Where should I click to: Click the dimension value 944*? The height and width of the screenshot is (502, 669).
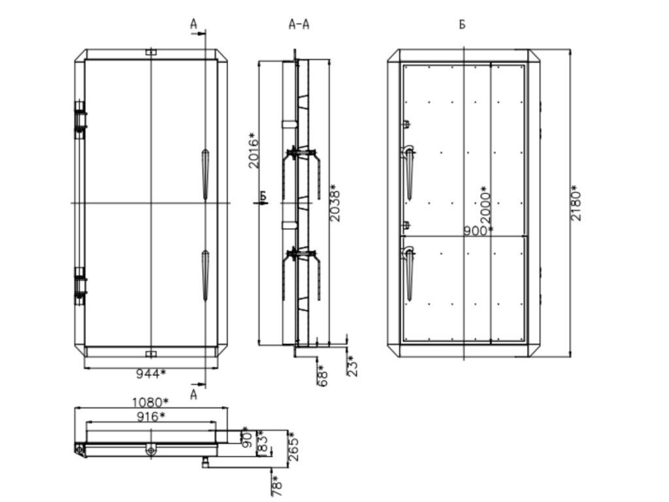pyautogui.click(x=150, y=374)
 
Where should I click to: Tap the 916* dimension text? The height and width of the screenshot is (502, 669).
pyautogui.click(x=150, y=416)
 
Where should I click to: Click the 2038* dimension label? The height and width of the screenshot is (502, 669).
pyautogui.click(x=335, y=203)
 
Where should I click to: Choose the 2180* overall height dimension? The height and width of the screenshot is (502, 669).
pyautogui.click(x=576, y=203)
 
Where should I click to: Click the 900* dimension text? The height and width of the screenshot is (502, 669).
pyautogui.click(x=478, y=231)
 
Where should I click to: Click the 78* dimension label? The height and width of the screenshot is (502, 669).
pyautogui.click(x=277, y=484)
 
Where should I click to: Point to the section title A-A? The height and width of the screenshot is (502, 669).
pyautogui.click(x=299, y=25)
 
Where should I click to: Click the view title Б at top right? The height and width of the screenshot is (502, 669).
pyautogui.click(x=462, y=25)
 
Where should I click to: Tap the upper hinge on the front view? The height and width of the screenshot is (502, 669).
pyautogui.click(x=80, y=120)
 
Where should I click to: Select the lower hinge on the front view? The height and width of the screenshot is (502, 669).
pyautogui.click(x=80, y=286)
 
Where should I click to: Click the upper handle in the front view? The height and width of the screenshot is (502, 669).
pyautogui.click(x=205, y=172)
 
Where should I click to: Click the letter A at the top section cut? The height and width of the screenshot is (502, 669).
pyautogui.click(x=193, y=24)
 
